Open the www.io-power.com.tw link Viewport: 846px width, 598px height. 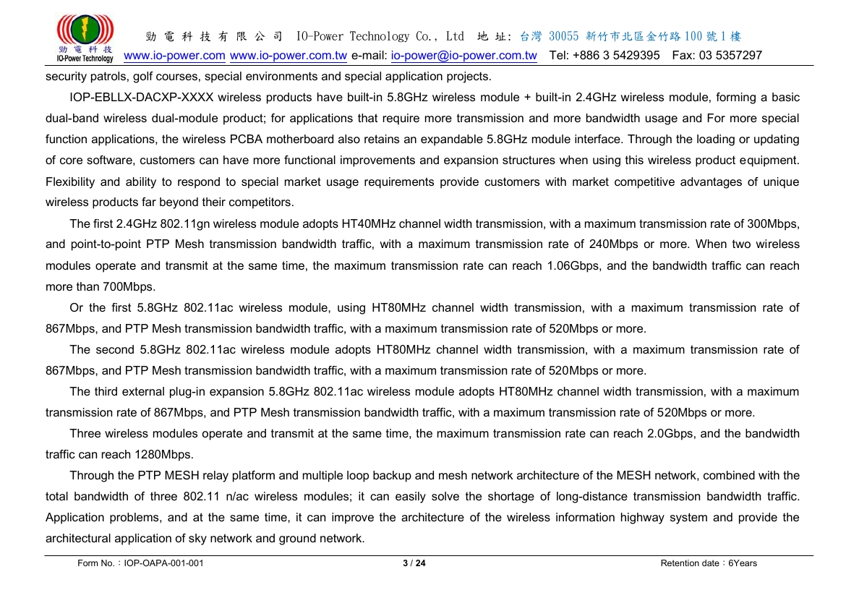tap(288, 56)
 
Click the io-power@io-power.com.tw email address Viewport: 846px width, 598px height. tap(463, 56)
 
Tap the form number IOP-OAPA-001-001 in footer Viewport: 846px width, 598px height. tap(163, 563)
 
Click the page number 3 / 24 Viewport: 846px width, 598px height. tap(414, 563)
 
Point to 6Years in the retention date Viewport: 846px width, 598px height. tap(743, 563)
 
